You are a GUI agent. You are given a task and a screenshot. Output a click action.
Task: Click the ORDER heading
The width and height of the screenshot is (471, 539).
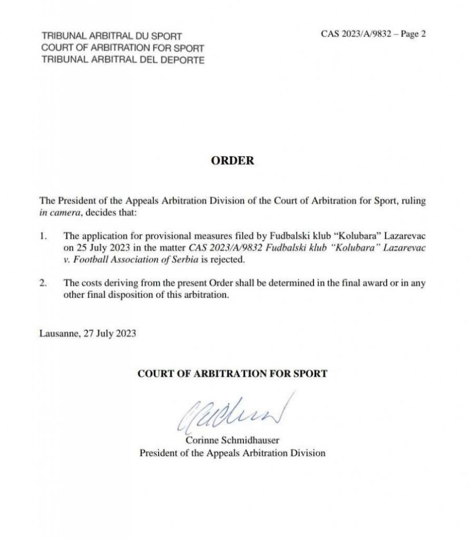tap(232, 161)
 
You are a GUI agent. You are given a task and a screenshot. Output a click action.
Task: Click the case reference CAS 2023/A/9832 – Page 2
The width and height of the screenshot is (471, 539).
tap(373, 35)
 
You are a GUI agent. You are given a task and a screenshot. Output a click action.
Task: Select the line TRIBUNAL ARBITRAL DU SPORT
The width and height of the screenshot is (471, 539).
tap(111, 37)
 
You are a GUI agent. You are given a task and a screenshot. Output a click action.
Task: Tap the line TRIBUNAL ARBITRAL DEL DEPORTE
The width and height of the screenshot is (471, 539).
tap(123, 59)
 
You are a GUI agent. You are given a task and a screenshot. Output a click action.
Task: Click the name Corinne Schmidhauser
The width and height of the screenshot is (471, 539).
tap(232, 441)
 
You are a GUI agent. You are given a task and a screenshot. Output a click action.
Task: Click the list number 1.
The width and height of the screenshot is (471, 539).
tap(42, 236)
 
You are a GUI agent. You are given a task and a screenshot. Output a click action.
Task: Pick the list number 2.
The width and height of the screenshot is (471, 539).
tap(42, 283)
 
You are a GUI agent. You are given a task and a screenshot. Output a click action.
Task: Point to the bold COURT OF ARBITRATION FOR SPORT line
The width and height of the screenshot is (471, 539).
tap(232, 374)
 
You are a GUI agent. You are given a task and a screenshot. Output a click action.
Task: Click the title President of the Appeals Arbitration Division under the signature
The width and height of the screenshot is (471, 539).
tap(232, 453)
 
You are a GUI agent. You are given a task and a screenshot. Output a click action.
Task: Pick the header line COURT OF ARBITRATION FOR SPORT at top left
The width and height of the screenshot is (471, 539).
tap(123, 48)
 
